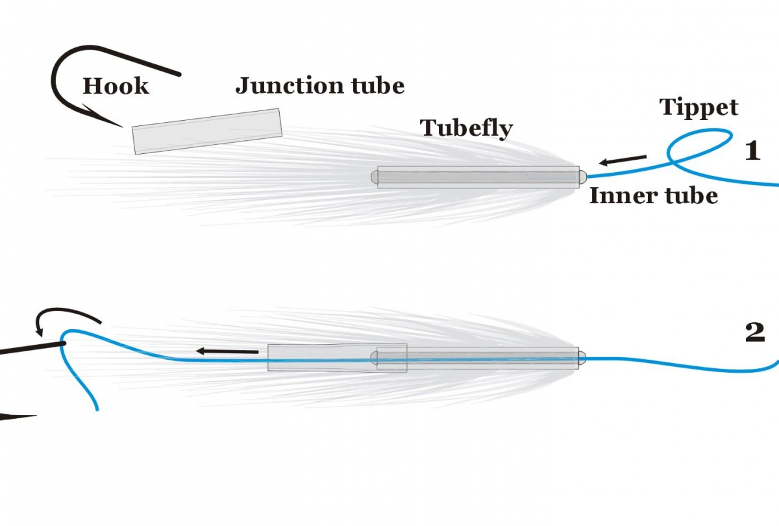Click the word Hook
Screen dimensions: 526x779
pyautogui.click(x=116, y=86)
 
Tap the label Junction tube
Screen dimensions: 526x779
pyautogui.click(x=319, y=85)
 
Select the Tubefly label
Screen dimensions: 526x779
pyautogui.click(x=466, y=128)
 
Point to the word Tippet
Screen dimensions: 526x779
pyautogui.click(x=699, y=106)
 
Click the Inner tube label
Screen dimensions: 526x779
pyautogui.click(x=653, y=195)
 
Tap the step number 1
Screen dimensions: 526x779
pyautogui.click(x=752, y=151)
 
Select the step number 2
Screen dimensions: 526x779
pyautogui.click(x=754, y=332)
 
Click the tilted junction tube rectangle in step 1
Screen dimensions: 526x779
pyautogui.click(x=207, y=131)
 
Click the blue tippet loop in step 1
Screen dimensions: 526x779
pyautogui.click(x=701, y=146)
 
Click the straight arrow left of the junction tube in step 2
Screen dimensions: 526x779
pyautogui.click(x=227, y=351)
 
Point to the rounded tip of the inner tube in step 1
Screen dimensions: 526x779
pyautogui.click(x=582, y=176)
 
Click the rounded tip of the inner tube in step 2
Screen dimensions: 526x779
pyautogui.click(x=582, y=357)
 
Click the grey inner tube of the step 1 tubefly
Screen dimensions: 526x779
pyautogui.click(x=478, y=177)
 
